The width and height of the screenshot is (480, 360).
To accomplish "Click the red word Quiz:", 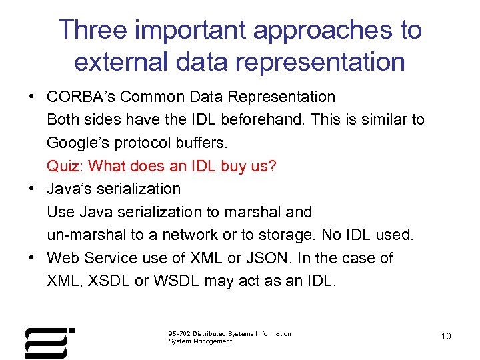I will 65,166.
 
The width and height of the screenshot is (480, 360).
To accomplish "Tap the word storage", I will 284,235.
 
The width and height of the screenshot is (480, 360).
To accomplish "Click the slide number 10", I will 446,336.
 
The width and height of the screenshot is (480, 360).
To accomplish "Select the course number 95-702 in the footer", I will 179,333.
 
